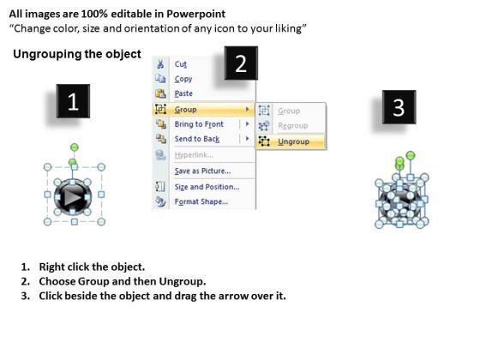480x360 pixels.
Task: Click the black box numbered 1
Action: point(73,101)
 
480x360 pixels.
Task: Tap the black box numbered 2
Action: point(241,63)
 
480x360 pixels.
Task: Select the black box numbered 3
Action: point(399,107)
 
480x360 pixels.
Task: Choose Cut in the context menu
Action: point(181,64)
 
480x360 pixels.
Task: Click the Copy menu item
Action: point(183,79)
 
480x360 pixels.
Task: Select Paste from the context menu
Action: point(183,93)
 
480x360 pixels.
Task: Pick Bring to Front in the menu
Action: point(199,124)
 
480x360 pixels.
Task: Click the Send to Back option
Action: point(197,139)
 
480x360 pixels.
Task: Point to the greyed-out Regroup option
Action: point(293,125)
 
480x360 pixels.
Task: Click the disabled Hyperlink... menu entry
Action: point(194,155)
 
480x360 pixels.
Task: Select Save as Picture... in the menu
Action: point(202,171)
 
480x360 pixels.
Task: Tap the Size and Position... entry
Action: point(207,187)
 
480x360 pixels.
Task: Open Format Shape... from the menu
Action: point(201,201)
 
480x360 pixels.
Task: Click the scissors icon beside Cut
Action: point(160,64)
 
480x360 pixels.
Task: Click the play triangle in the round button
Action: point(72,197)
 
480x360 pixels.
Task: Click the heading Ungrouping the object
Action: point(77,54)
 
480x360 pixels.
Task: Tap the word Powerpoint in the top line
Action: point(196,14)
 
